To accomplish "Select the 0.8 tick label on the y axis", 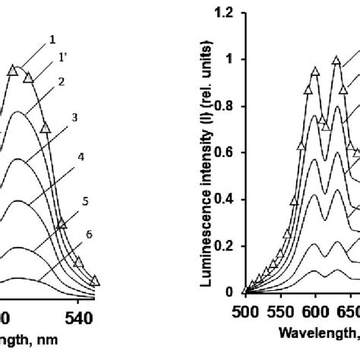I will click(223, 106).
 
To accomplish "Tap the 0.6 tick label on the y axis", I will click(223, 153).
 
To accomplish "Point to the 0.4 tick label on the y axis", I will click(223, 199).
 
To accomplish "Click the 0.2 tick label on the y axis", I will click(223, 245).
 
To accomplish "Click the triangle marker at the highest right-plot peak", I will click(336, 60).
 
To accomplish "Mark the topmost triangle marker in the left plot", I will click(13, 70).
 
